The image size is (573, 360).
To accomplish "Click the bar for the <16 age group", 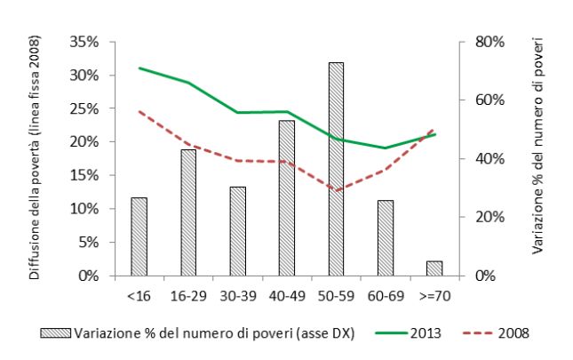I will tap(139, 236).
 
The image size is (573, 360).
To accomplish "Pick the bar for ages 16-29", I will tap(188, 212).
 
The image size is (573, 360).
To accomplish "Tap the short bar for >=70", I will tap(434, 268).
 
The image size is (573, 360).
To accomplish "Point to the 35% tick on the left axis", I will tap(84, 42).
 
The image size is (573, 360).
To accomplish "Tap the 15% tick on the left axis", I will tap(84, 175).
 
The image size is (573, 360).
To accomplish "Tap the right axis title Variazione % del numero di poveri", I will tap(538, 147).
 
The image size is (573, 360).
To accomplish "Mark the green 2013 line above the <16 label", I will tap(139, 68).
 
